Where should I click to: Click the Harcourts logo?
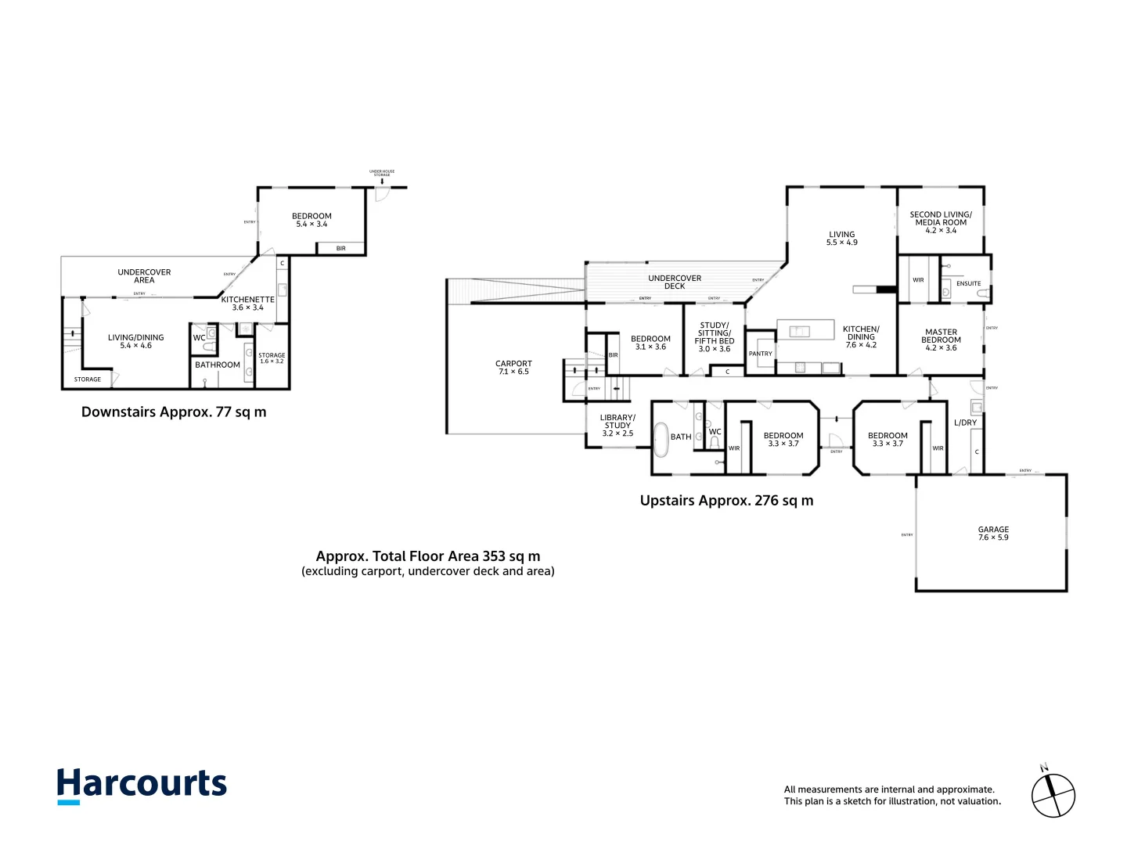point(142,785)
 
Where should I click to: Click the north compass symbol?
point(1053,795)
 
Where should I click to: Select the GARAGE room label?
point(993,533)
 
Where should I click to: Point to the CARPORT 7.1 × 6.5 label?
point(513,367)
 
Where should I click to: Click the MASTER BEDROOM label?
point(941,340)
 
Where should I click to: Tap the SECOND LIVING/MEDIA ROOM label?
point(941,222)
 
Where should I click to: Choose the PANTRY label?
point(760,354)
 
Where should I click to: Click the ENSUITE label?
point(968,283)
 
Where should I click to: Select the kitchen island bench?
point(805,330)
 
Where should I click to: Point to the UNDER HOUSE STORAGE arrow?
point(382,182)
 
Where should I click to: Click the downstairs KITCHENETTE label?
point(247,303)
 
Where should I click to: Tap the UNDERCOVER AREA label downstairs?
point(144,275)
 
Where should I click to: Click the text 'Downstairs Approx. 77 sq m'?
point(174,412)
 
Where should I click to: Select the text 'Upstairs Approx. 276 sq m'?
point(726,501)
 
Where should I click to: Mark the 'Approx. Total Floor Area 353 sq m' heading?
point(428,556)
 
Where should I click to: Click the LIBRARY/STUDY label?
point(618,425)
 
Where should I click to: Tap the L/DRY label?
point(965,422)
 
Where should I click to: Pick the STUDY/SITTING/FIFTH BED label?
point(715,336)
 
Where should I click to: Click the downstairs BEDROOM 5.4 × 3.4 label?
point(311,220)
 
